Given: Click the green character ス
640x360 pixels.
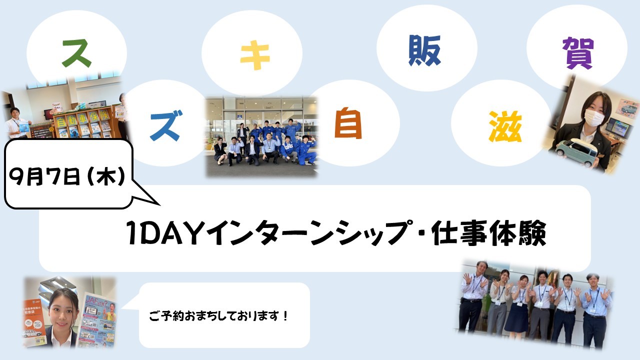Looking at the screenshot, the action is (76, 53).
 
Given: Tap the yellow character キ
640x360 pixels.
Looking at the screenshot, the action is (255, 55).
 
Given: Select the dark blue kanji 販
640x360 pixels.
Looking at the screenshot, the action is (424, 50).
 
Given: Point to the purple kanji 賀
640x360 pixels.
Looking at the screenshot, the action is (577, 53).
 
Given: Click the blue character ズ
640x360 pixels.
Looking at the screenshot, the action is (165, 125).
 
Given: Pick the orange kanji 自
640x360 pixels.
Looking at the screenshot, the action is (348, 123).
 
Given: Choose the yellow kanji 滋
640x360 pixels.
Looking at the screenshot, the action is (505, 126).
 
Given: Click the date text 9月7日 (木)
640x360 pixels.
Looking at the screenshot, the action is (67, 176).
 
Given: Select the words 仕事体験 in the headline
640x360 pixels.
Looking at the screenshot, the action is (489, 232).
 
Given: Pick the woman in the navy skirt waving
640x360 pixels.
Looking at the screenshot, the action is (518, 305).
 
